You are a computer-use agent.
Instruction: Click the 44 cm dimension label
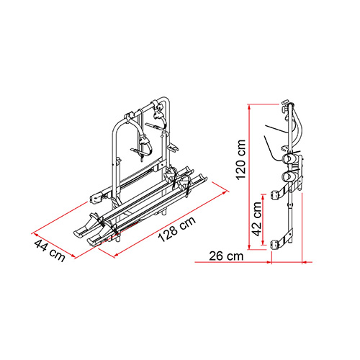pyautogui.click(x=50, y=251)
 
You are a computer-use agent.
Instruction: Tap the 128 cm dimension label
pyautogui.click(x=177, y=230)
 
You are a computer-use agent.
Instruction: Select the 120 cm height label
pyautogui.click(x=240, y=159)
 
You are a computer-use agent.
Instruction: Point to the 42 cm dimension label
pyautogui.click(x=256, y=219)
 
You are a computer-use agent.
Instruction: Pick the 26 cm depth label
pyautogui.click(x=226, y=256)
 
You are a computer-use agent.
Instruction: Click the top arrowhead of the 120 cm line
pyautogui.click(x=249, y=107)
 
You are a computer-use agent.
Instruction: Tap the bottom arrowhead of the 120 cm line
pyautogui.click(x=249, y=247)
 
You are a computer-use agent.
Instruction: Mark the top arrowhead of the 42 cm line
pyautogui.click(x=264, y=197)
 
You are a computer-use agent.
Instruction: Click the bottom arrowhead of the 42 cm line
pyautogui.click(x=264, y=242)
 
